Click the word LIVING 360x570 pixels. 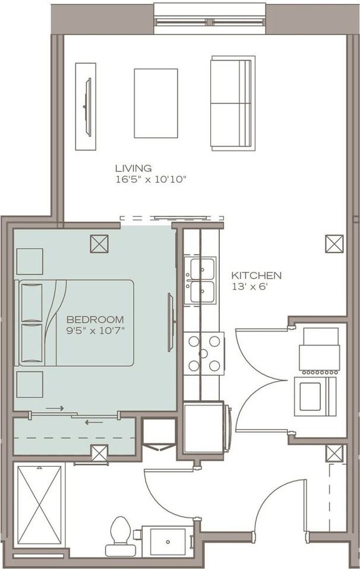point(133,168)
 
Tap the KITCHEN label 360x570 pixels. point(257,275)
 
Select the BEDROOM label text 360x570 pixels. point(95,319)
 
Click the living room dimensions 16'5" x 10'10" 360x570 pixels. point(151,179)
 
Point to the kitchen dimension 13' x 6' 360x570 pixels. point(250,286)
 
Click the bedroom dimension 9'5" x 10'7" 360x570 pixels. point(95,331)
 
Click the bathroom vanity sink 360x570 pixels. point(168,541)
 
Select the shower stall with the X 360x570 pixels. point(39,505)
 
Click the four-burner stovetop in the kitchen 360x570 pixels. point(204,353)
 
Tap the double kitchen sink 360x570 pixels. point(200,280)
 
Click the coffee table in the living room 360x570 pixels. point(156,103)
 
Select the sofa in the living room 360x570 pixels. point(233,103)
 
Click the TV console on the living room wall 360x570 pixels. point(86,106)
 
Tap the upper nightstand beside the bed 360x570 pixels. point(30,261)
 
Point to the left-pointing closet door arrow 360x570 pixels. point(94,422)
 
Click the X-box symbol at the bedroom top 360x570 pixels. point(99,243)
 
